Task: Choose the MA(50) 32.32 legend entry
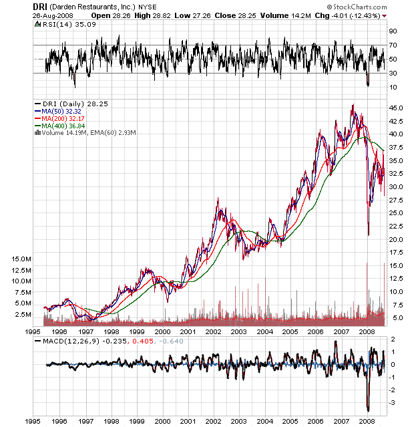[x=66, y=112]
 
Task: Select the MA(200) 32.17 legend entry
[x=68, y=119]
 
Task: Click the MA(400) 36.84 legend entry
[x=68, y=126]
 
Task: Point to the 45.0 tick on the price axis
[x=396, y=108]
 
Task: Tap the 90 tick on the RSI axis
[x=393, y=31]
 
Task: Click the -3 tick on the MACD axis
[x=393, y=402]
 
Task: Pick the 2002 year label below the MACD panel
[x=213, y=420]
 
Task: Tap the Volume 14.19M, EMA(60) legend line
[x=89, y=134]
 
